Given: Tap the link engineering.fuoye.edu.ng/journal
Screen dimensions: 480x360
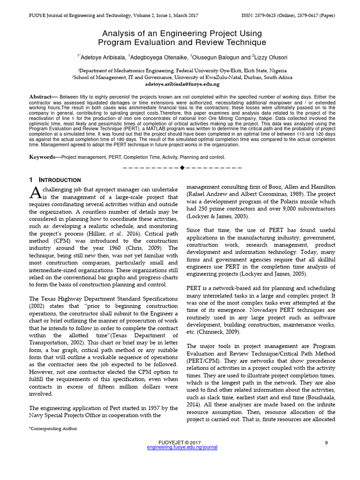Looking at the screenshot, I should pyautogui.click(x=182, y=448).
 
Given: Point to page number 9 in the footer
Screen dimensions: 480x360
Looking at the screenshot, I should pyautogui.click(x=326, y=442).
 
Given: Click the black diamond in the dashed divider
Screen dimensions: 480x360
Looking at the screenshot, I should pyautogui.click(x=182, y=167).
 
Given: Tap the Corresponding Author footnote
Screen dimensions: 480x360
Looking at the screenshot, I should pyautogui.click(x=53, y=428).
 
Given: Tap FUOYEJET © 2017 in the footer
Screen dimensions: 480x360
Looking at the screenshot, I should pyautogui.click(x=180, y=442).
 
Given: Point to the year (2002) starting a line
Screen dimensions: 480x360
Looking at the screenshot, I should pyautogui.click(x=38, y=306).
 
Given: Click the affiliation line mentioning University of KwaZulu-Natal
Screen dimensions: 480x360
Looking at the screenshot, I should pyautogui.click(x=182, y=77).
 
